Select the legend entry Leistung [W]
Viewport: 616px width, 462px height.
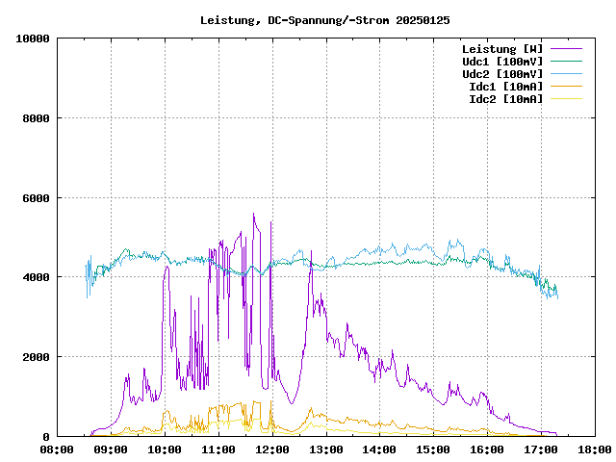(x=501, y=48)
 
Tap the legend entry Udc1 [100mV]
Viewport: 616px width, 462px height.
(x=501, y=61)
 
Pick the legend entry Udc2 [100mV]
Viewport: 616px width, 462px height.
(x=501, y=73)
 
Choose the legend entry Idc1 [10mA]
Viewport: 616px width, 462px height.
(x=505, y=86)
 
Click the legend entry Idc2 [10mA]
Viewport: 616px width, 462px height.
(x=505, y=98)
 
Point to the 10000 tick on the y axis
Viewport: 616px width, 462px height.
(x=34, y=38)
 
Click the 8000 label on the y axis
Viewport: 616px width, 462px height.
(x=37, y=118)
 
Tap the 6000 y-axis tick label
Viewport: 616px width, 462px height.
(x=37, y=198)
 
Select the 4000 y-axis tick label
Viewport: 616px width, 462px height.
(x=37, y=277)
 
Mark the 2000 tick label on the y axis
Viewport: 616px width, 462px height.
(x=37, y=357)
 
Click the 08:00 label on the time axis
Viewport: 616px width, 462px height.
(x=58, y=449)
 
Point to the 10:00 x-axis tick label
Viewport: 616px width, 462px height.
(x=166, y=449)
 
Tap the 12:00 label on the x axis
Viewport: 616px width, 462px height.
(x=272, y=449)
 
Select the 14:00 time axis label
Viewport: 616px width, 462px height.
(x=380, y=449)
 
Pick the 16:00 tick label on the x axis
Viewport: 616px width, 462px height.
(x=488, y=449)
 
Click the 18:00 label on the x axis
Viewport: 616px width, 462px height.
(x=595, y=449)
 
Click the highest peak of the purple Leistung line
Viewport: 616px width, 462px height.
(x=254, y=214)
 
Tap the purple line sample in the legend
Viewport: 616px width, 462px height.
(x=567, y=48)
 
